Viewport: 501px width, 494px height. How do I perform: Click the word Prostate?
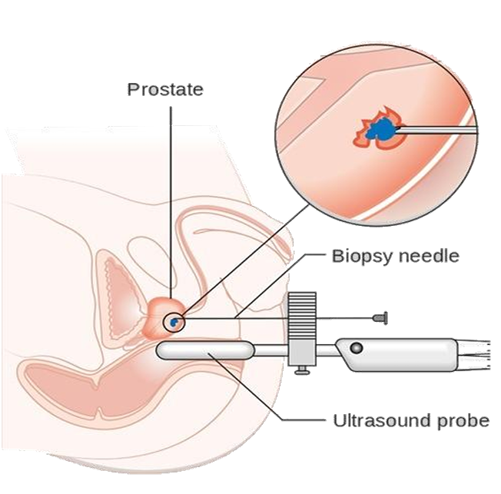(x=165, y=89)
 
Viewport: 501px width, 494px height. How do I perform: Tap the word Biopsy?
(x=360, y=257)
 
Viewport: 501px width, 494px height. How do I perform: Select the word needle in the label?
(x=428, y=256)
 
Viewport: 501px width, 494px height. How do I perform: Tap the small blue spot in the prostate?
(x=174, y=322)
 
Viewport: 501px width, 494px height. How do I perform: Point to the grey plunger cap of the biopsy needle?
(x=380, y=318)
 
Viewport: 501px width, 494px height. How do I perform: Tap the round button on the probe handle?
(x=357, y=347)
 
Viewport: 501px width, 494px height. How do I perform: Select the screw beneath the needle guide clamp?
(x=302, y=370)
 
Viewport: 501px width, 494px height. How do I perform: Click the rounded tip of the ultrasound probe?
(x=160, y=350)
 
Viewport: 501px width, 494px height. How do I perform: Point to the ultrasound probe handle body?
(x=396, y=355)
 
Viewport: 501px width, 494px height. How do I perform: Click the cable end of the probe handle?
(x=473, y=355)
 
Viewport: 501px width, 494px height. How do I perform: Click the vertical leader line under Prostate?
(x=171, y=202)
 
